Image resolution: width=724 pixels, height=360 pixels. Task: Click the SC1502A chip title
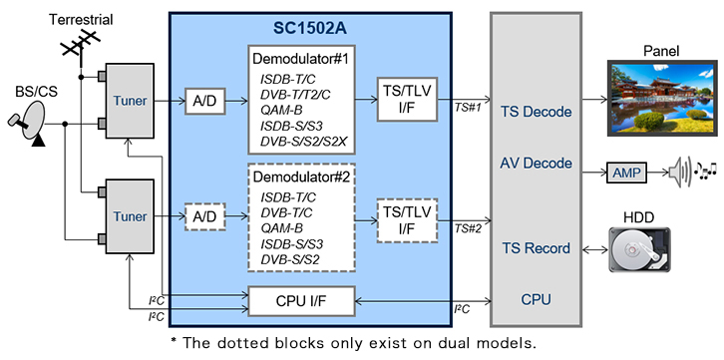pos(310,29)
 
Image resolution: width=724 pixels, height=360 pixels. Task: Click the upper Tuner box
pos(130,101)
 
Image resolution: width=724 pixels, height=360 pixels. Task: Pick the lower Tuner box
pos(130,216)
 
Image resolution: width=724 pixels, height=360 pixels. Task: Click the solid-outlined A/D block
pos(204,100)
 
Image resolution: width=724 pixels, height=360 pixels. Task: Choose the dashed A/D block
pos(204,216)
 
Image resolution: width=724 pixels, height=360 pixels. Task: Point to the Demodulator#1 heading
pos(300,60)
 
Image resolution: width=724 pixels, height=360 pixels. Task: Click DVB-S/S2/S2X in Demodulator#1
pos(303,143)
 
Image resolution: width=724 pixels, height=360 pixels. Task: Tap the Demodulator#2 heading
pos(300,177)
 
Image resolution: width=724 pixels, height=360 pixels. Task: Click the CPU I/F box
pos(302,301)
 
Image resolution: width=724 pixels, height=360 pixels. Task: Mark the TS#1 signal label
pos(468,108)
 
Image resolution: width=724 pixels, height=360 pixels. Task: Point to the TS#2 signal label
pos(468,228)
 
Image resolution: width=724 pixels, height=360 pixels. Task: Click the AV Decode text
pos(536,163)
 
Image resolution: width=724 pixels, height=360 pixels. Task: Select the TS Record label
pos(536,248)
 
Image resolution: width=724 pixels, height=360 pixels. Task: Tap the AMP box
pos(626,174)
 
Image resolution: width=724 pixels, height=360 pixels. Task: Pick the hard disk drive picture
pos(639,250)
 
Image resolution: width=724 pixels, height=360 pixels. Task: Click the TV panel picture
pos(661,98)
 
